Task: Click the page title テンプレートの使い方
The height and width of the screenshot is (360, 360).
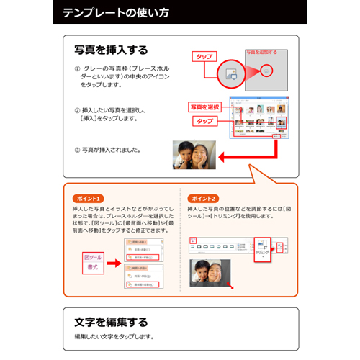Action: click(x=116, y=13)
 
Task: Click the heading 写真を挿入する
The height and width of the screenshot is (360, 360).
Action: click(x=111, y=50)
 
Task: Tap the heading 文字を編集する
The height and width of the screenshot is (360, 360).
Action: click(x=111, y=321)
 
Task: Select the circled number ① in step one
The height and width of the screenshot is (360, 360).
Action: click(x=78, y=68)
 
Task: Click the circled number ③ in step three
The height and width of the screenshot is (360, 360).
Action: click(x=78, y=150)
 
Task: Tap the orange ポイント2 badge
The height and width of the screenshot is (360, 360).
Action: click(x=203, y=198)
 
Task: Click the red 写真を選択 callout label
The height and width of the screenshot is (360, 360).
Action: click(x=205, y=107)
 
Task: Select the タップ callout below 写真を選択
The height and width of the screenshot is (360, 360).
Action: click(x=205, y=121)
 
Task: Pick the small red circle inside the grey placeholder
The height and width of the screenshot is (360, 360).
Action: click(x=267, y=71)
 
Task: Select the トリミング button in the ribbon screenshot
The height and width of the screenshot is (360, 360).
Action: click(x=262, y=249)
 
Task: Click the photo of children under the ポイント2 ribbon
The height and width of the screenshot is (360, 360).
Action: click(x=209, y=277)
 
